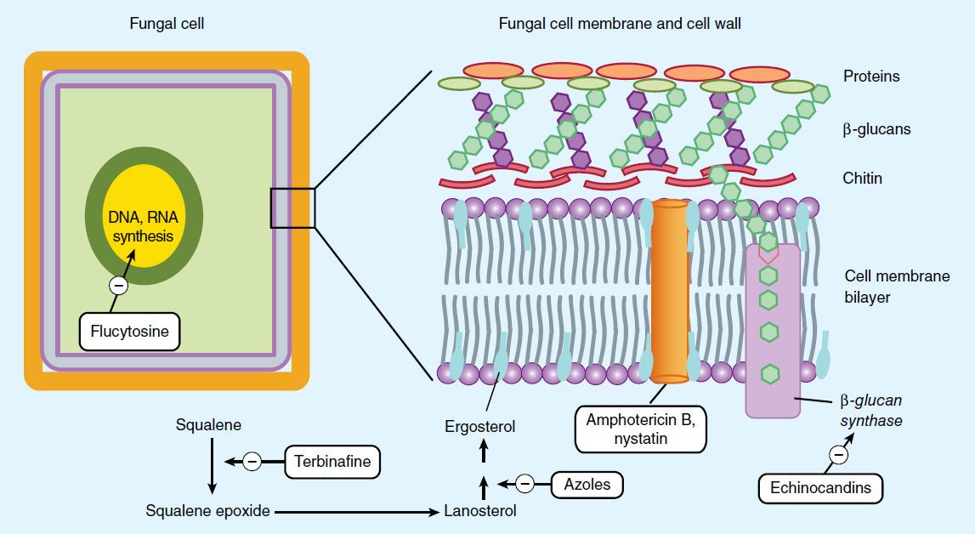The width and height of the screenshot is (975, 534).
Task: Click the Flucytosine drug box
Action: pos(130,331)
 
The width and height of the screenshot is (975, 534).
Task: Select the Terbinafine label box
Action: pos(332,463)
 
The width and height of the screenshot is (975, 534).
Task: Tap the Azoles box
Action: pos(587,485)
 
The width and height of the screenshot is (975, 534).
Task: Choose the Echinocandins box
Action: pos(819,488)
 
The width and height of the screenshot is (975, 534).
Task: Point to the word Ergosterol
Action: pos(480,426)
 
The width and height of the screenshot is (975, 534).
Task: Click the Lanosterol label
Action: pos(480,511)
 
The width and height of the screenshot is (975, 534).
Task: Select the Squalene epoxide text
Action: pos(207,511)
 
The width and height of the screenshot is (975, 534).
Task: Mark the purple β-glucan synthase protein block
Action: pos(772,332)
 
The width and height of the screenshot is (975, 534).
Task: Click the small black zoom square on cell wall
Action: pos(292,208)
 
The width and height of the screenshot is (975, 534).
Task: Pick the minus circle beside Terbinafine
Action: pos(252,462)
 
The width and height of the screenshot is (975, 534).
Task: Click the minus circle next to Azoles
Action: pos(525,484)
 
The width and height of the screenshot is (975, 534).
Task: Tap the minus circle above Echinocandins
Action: pos(838,455)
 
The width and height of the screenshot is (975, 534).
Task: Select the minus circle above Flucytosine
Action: pos(119,286)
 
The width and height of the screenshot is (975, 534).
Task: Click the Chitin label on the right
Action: pos(862,179)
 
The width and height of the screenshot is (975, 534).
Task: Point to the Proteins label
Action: pos(870,77)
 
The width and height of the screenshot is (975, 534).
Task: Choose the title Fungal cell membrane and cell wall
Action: pos(619,24)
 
